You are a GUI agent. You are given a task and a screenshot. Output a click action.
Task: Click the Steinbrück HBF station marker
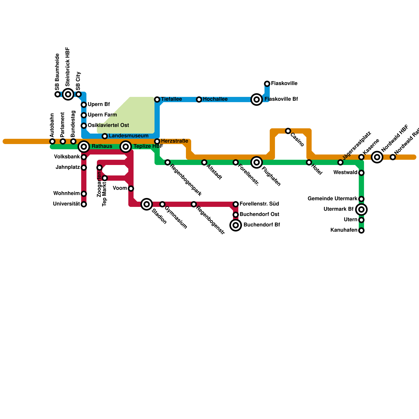(x=68, y=94)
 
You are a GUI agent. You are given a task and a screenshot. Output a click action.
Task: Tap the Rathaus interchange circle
(x=84, y=147)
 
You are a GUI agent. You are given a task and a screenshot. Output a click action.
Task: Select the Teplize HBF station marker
(x=126, y=147)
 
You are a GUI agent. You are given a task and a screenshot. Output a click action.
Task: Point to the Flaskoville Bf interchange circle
(x=257, y=100)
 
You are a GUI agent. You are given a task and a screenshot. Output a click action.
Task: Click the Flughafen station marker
(x=257, y=162)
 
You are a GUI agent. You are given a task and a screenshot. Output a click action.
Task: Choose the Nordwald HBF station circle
(x=377, y=157)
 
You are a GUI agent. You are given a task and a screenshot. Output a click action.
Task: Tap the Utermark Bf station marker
(x=361, y=210)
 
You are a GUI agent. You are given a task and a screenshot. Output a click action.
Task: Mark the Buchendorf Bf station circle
(x=236, y=225)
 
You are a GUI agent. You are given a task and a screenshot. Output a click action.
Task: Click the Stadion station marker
(x=147, y=204)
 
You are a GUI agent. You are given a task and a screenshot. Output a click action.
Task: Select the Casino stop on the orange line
(x=288, y=131)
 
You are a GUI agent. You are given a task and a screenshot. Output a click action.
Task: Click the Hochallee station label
(x=215, y=99)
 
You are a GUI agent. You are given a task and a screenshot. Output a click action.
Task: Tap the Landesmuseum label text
(x=128, y=136)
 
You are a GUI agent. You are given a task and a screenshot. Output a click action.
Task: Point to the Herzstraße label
(x=174, y=141)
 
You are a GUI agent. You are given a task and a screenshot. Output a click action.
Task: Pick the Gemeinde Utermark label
(x=332, y=199)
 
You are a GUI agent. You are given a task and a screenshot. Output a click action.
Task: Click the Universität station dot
(x=84, y=204)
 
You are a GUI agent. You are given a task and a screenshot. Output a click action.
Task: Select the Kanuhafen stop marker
(x=361, y=230)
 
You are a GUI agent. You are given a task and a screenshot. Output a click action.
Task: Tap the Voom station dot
(x=131, y=189)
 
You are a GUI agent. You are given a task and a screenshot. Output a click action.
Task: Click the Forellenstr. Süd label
(x=259, y=204)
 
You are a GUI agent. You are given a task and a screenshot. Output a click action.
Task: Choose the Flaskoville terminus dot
(x=267, y=84)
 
